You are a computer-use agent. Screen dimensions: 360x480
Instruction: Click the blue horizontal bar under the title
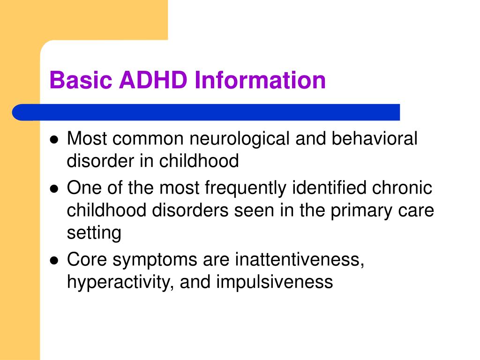[206, 112]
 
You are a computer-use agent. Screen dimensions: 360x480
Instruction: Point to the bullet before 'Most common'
[54, 140]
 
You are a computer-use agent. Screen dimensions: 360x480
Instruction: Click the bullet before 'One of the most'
[54, 189]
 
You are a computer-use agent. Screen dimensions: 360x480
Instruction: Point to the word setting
[94, 233]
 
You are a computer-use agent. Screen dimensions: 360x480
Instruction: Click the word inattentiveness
[300, 260]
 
